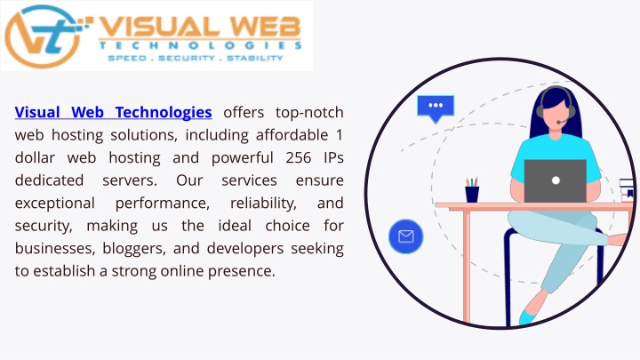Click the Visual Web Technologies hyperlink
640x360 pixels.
(x=113, y=113)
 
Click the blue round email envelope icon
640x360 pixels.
(x=405, y=236)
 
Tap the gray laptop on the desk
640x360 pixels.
(x=555, y=180)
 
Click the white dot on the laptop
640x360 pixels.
(x=556, y=180)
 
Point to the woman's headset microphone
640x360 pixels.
(x=562, y=122)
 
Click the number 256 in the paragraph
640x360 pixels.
(x=299, y=158)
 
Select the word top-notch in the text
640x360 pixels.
(x=309, y=113)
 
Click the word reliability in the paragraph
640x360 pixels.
(x=263, y=204)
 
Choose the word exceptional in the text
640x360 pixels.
(x=55, y=204)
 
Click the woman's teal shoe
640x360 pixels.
(x=529, y=316)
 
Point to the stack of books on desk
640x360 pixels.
(x=626, y=190)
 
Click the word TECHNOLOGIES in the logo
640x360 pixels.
(x=200, y=45)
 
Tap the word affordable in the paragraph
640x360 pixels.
(x=292, y=135)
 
